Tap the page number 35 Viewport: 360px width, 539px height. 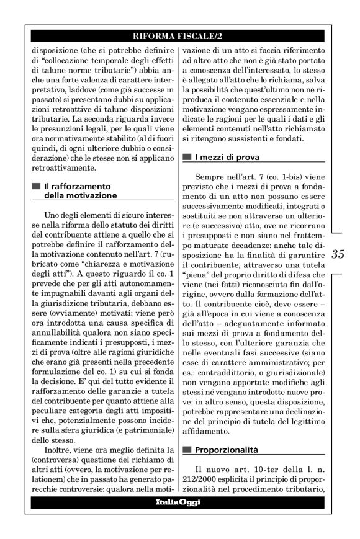coord(338,254)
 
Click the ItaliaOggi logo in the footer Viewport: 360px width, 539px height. coord(178,501)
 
